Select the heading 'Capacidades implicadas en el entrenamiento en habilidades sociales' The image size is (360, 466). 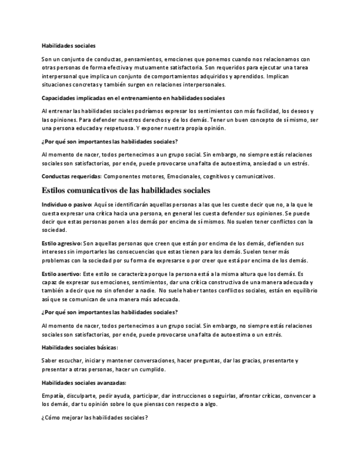tap(133, 98)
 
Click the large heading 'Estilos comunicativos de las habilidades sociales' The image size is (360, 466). tap(126, 190)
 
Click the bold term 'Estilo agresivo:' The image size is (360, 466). tap(62, 243)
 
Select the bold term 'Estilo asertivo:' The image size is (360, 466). tap(61, 273)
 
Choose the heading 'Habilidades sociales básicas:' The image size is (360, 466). tap(80, 347)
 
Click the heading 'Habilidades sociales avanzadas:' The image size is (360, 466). tap(84, 382)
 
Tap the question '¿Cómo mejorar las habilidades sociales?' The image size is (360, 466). tap(95, 418)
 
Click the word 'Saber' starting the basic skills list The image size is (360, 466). tap(49, 360)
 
